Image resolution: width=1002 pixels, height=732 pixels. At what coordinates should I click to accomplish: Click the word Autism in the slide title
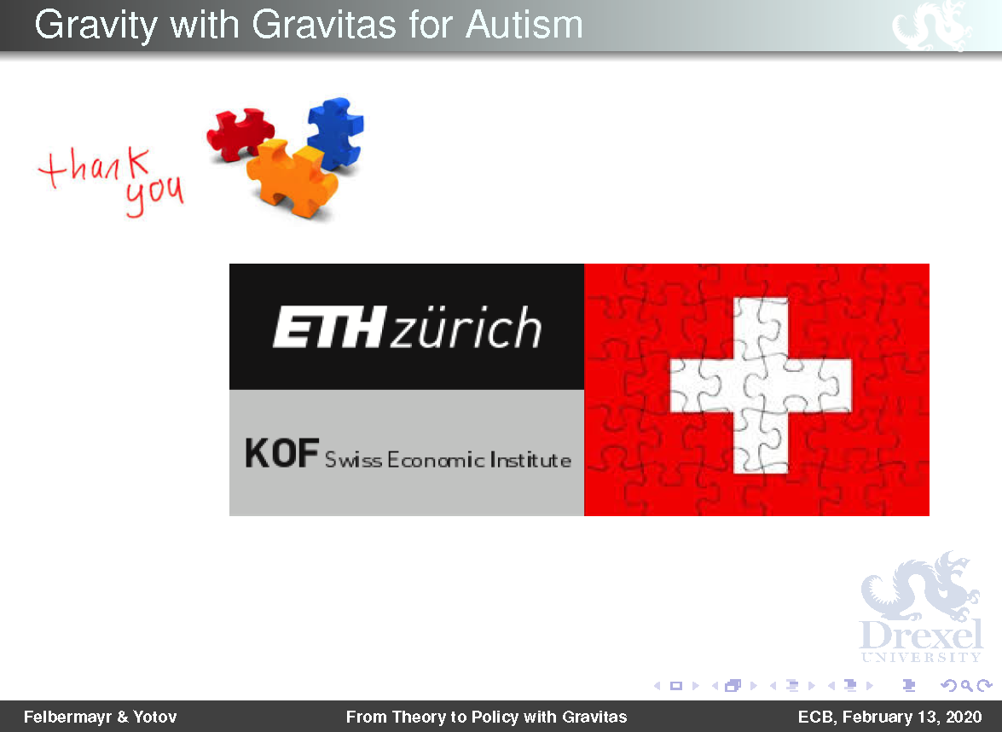524,25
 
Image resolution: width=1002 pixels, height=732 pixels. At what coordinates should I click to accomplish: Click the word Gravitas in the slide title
324,25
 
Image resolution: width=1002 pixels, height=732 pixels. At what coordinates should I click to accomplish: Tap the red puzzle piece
240,133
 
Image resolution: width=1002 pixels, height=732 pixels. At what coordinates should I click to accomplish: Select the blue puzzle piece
335,133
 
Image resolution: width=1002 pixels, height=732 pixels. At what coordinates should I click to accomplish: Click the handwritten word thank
95,166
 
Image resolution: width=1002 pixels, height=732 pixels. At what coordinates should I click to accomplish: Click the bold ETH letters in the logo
329,328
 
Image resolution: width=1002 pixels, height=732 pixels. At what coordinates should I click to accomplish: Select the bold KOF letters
281,453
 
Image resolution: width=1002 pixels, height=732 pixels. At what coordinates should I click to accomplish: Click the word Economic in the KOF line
435,459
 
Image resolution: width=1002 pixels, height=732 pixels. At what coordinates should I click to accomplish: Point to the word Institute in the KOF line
530,459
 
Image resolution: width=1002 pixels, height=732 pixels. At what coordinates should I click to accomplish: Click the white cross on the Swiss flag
761,386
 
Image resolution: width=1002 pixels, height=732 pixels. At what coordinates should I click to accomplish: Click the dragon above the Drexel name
920,585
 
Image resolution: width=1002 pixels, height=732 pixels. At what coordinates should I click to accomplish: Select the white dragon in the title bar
932,26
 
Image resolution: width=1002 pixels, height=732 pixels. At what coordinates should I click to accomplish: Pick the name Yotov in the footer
154,717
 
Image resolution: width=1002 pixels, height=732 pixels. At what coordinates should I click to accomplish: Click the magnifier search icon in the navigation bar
968,686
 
